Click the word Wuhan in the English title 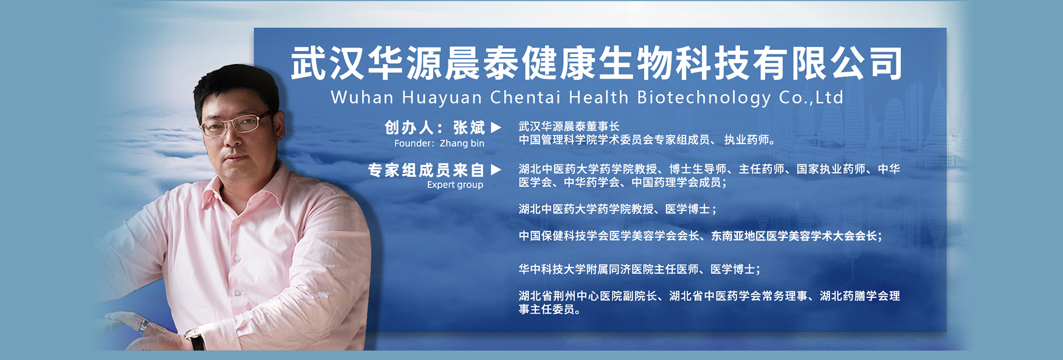pyautogui.click(x=362, y=97)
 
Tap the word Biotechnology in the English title pyautogui.click(x=704, y=98)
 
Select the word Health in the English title pyautogui.click(x=599, y=97)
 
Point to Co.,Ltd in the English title pyautogui.click(x=811, y=97)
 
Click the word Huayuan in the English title pyautogui.click(x=442, y=98)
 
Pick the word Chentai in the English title pyautogui.click(x=525, y=97)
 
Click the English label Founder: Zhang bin pyautogui.click(x=439, y=143)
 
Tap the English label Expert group pyautogui.click(x=455, y=185)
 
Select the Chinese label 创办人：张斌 pyautogui.click(x=435, y=127)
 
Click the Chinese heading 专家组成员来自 pyautogui.click(x=426, y=170)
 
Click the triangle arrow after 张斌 pyautogui.click(x=496, y=127)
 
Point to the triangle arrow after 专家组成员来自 pyautogui.click(x=496, y=169)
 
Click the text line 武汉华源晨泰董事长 pyautogui.click(x=569, y=126)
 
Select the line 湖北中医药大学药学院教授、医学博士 pyautogui.click(x=618, y=209)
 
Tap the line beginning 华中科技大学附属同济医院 pyautogui.click(x=639, y=269)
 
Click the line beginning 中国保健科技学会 pyautogui.click(x=700, y=236)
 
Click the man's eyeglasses pyautogui.click(x=236, y=124)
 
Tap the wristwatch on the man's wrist pyautogui.click(x=195, y=338)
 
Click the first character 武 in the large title pyautogui.click(x=309, y=63)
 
